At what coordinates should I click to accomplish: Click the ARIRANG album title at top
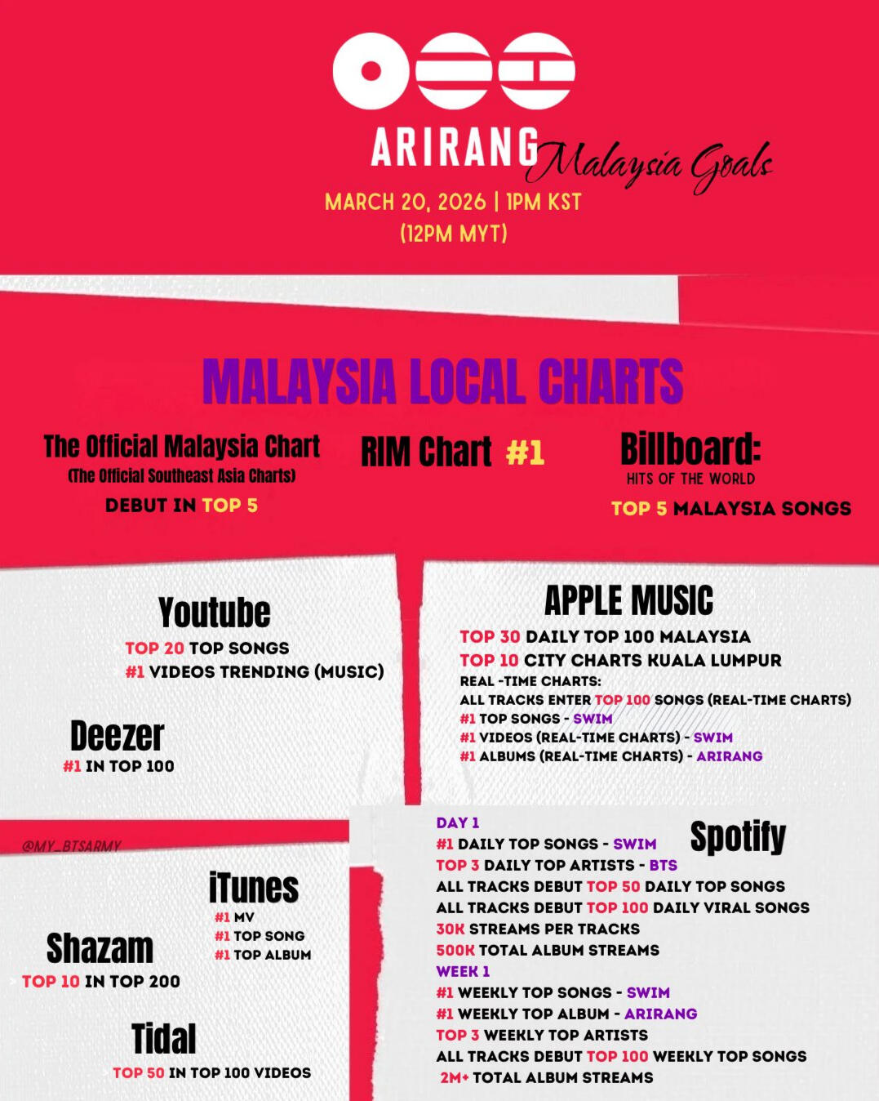point(454,147)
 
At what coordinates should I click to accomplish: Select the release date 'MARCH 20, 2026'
point(406,202)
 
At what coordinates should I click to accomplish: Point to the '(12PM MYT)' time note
point(454,234)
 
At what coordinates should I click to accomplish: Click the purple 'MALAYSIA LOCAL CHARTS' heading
point(443,381)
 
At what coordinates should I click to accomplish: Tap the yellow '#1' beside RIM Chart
point(525,453)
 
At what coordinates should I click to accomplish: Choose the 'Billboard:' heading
point(690,448)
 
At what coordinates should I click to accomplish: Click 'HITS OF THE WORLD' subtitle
point(690,479)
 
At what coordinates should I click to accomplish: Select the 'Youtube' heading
point(215,612)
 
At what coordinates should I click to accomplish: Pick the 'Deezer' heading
point(117,736)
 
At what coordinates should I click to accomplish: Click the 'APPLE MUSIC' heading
point(628,600)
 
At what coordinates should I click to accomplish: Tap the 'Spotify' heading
point(738,837)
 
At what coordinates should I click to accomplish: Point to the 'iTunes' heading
point(254,888)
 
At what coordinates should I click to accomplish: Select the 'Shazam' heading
point(100,948)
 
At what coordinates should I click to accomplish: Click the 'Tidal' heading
point(163,1038)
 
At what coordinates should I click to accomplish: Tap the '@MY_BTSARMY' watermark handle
point(72,845)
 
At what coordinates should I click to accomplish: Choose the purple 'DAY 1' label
point(458,822)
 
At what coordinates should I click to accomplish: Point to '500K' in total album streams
point(455,950)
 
